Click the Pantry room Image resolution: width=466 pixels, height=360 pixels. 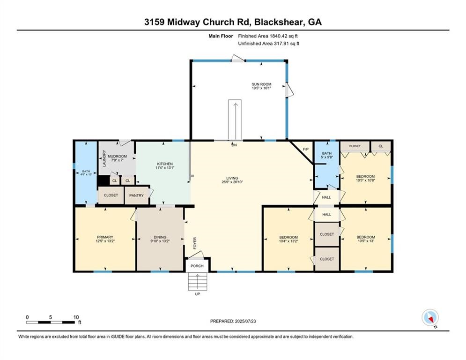[136, 195]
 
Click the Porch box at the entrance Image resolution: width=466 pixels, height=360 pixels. [197, 265]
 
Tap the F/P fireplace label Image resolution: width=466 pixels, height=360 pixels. [306, 149]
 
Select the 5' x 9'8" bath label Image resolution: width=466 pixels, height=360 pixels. [327, 156]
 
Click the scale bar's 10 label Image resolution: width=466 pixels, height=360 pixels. [76, 317]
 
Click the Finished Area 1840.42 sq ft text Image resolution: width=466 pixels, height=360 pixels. [268, 36]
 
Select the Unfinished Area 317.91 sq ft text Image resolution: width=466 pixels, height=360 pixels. [268, 44]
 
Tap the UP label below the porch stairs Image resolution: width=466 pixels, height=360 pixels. [197, 294]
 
